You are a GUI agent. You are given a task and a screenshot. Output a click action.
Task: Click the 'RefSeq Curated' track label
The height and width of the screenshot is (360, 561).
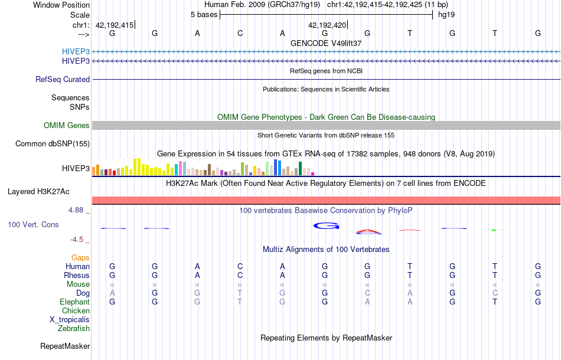(x=63, y=79)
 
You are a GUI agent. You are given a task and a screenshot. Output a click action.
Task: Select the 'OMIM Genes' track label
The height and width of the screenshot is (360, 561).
(x=67, y=125)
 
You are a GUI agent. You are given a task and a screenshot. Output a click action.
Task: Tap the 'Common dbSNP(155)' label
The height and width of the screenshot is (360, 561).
(x=53, y=143)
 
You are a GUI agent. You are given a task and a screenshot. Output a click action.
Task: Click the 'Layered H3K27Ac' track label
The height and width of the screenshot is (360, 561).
(x=38, y=191)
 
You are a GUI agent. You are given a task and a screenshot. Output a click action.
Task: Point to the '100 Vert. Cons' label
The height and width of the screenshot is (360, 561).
(x=33, y=225)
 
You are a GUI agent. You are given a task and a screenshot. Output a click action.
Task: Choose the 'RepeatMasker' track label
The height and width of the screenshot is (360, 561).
(x=65, y=346)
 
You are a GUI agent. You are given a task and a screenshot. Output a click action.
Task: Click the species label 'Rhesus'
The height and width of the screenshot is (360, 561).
(x=77, y=275)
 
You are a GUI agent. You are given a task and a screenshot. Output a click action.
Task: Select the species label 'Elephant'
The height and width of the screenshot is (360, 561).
(x=75, y=302)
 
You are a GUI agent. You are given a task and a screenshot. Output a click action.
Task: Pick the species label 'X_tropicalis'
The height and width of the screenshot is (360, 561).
(x=70, y=319)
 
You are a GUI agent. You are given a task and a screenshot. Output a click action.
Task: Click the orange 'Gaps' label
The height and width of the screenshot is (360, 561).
(x=80, y=257)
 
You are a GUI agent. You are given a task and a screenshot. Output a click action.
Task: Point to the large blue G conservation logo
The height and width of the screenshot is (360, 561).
(x=326, y=225)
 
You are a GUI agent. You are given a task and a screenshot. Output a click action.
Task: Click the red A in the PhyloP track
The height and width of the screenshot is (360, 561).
(x=367, y=231)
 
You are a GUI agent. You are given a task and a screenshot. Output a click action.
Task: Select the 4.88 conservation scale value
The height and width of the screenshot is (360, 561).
(x=79, y=210)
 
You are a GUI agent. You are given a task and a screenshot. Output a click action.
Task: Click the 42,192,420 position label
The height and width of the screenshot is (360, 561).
(x=327, y=25)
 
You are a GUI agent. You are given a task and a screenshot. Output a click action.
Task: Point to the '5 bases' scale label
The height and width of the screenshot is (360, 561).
(x=204, y=15)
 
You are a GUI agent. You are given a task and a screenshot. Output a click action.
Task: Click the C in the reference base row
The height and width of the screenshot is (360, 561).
(x=240, y=33)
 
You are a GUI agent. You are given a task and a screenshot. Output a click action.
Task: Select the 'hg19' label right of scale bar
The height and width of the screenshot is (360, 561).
(x=446, y=15)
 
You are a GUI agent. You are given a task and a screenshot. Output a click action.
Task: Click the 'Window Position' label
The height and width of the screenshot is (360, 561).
(x=61, y=5)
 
